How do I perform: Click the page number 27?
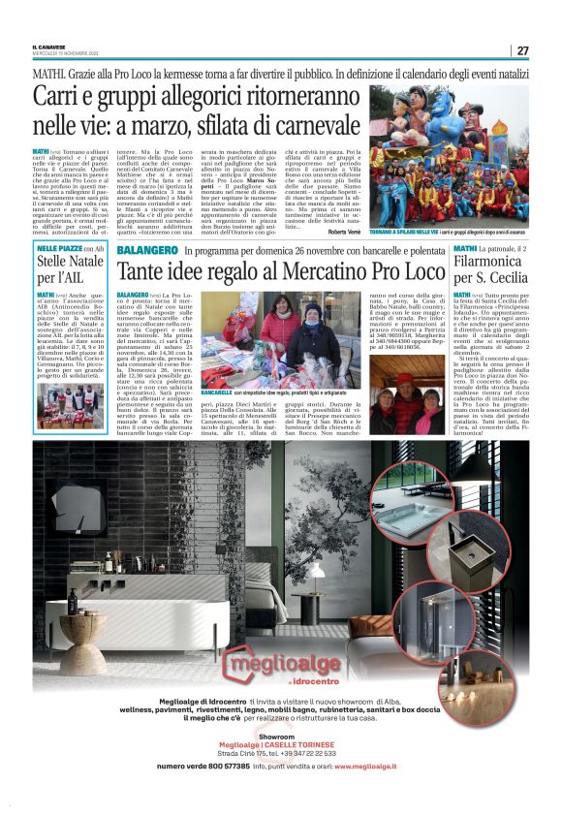click(522, 50)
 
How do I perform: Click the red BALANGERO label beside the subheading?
click(145, 250)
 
